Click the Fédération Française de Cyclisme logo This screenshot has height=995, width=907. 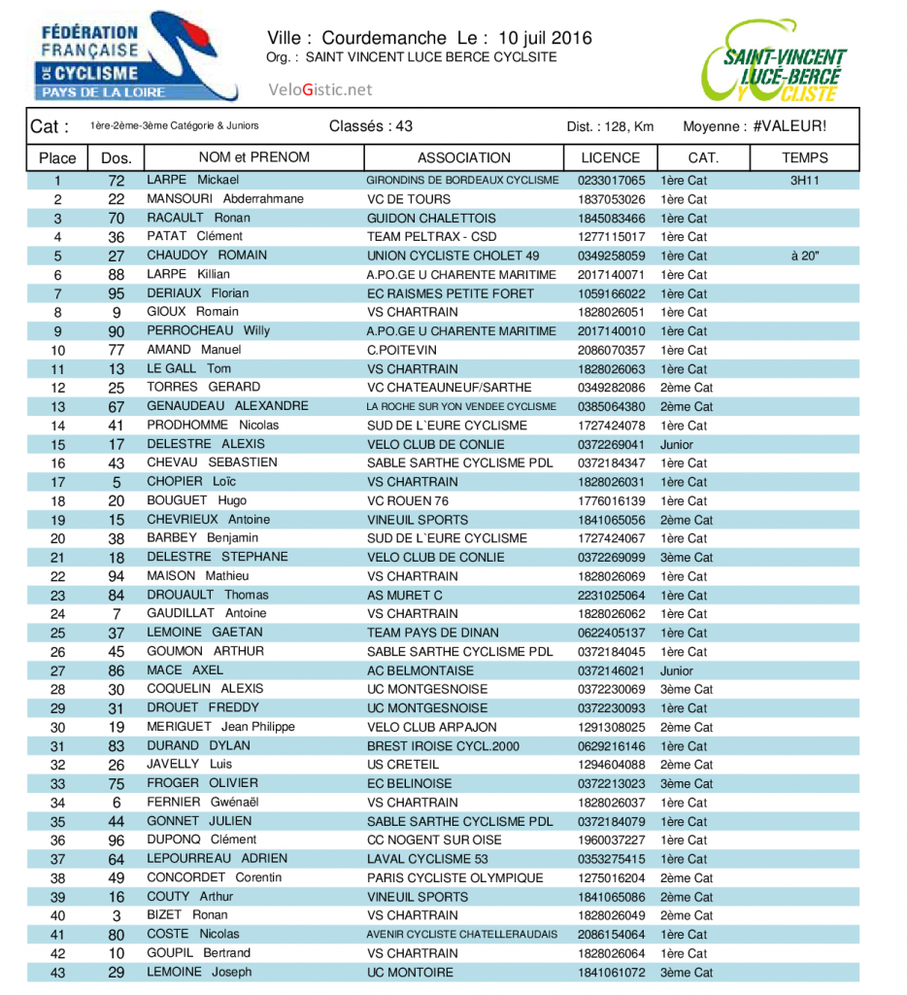(135, 57)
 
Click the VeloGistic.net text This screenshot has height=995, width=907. (319, 89)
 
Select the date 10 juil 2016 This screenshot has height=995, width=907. (544, 39)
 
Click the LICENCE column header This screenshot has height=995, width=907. (610, 157)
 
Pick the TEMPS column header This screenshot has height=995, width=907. (804, 157)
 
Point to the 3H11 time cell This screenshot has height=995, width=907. (804, 181)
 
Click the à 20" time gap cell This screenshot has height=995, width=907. (805, 256)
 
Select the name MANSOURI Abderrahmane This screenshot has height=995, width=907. (224, 199)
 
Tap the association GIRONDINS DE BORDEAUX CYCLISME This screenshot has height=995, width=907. (462, 181)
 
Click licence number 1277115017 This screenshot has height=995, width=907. (611, 237)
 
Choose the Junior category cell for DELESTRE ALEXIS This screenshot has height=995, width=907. (677, 444)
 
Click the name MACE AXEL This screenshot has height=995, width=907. (185, 670)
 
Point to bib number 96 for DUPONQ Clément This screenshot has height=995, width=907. (117, 840)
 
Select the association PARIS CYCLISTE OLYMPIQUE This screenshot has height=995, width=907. (454, 877)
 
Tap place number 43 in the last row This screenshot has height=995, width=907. (57, 972)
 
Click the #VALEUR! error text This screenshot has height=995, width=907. (789, 126)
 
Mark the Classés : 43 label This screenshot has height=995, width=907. (371, 126)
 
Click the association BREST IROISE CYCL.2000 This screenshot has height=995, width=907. (444, 746)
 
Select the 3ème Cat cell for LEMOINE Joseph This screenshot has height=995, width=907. (686, 972)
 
